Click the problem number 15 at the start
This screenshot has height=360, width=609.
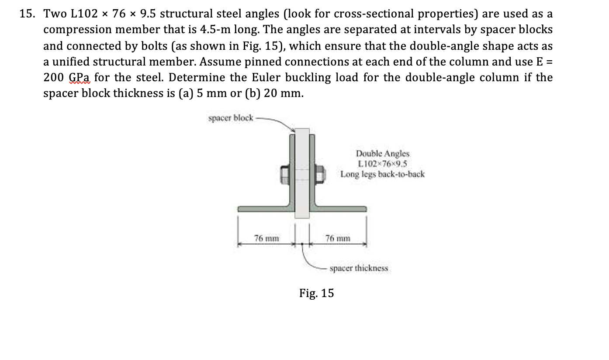(x=27, y=14)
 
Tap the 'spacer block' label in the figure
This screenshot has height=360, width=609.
(x=230, y=118)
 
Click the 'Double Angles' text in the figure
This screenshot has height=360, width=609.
(x=383, y=153)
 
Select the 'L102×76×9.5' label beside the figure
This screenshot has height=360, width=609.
(x=382, y=164)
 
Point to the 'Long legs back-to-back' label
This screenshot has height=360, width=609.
(x=382, y=174)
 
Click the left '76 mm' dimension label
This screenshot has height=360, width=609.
(x=266, y=238)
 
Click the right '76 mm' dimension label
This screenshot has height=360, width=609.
(x=338, y=238)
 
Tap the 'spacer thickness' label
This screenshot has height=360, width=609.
(x=358, y=268)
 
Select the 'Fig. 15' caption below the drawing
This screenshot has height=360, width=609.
(x=316, y=293)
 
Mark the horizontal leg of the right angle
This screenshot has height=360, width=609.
(x=341, y=209)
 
